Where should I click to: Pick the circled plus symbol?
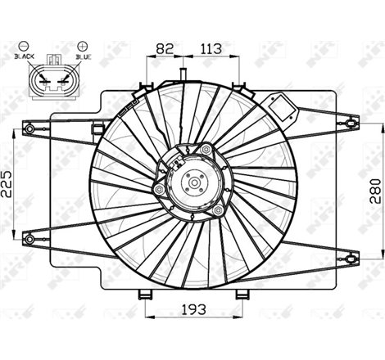pos(83,46)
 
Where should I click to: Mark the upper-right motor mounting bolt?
pos(206,150)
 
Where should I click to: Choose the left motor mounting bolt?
pos(159,189)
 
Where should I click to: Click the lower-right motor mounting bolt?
pos(217,210)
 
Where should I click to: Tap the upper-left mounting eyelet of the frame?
pos(29,129)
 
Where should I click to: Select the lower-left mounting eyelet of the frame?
pos(29,239)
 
